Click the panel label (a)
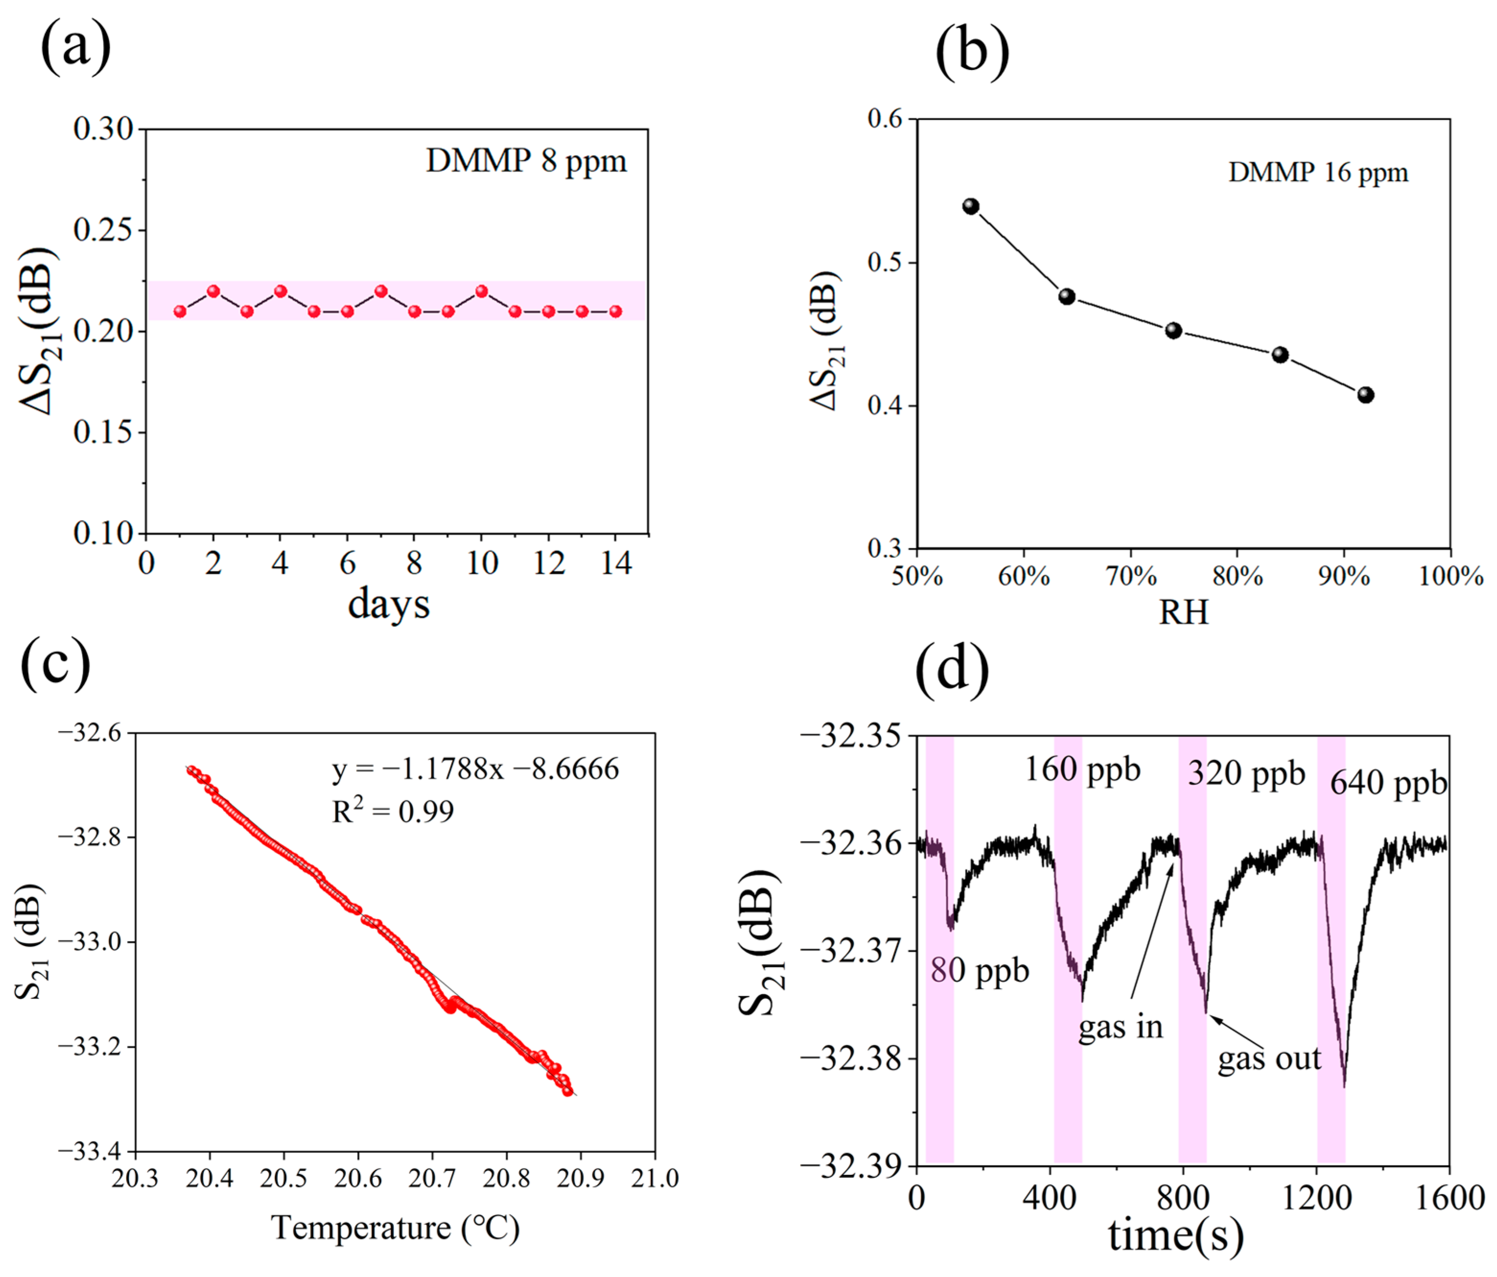tap(75, 47)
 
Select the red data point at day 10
tap(482, 291)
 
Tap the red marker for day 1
tap(180, 312)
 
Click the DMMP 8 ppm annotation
tap(526, 161)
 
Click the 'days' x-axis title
tap(389, 603)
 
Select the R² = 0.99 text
tap(393, 811)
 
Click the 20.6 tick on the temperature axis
tap(358, 1178)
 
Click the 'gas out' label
tap(1269, 1059)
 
